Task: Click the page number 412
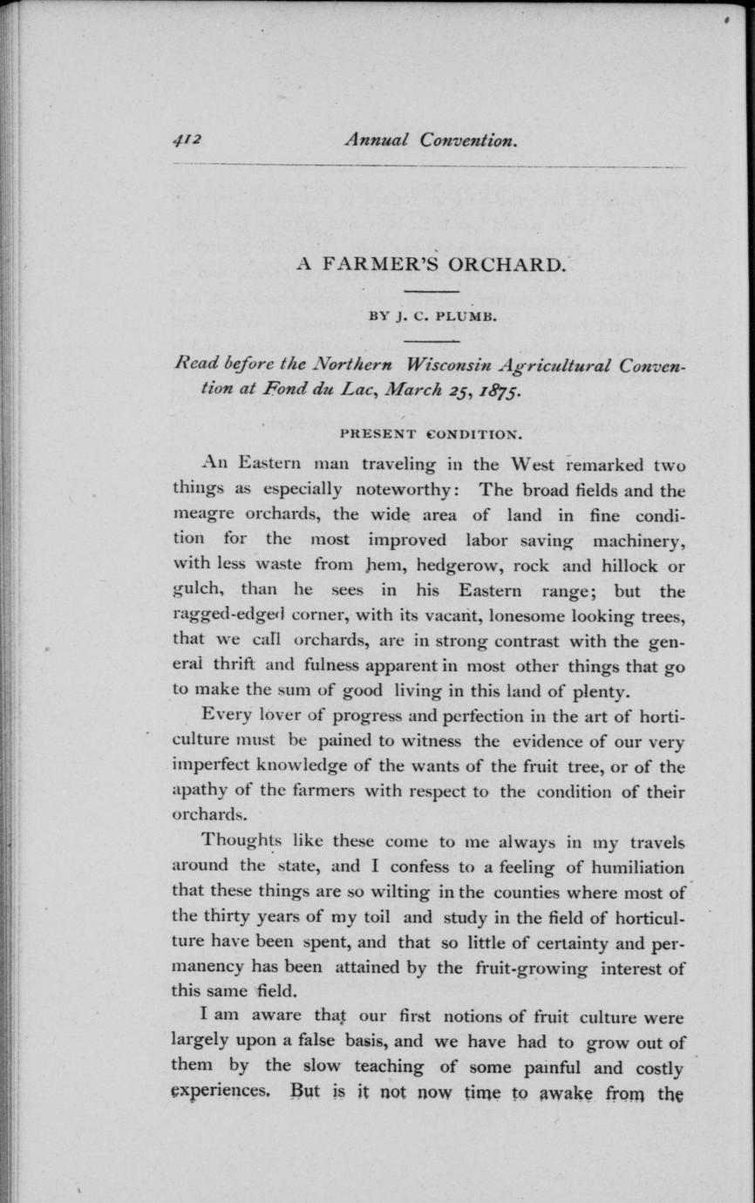[187, 139]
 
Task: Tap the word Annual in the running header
[376, 139]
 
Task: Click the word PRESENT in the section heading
[377, 433]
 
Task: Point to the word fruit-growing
[532, 968]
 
